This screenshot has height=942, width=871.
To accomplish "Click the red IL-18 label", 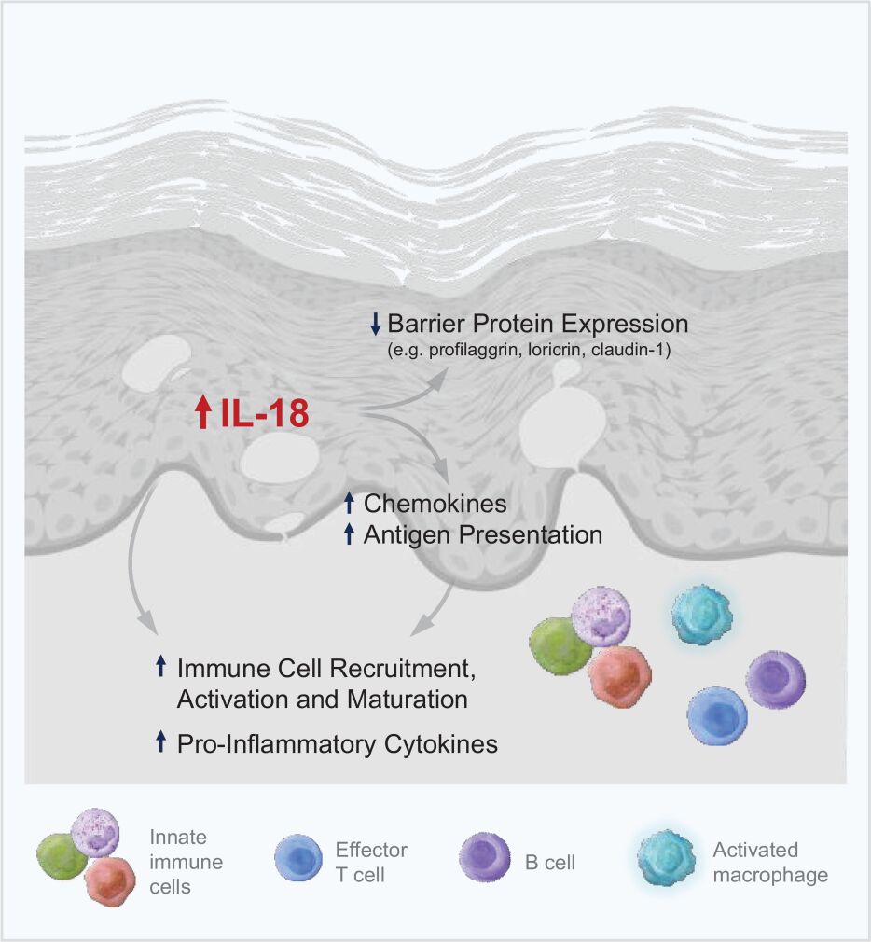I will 265,413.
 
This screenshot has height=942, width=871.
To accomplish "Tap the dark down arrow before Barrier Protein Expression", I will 375,325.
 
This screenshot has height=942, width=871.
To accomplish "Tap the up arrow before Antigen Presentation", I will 350,534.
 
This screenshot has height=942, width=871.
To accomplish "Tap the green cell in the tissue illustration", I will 560,645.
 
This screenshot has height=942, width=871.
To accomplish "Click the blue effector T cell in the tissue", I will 718,715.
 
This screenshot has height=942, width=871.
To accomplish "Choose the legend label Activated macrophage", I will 769,862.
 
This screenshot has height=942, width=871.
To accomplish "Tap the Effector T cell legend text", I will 370,862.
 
